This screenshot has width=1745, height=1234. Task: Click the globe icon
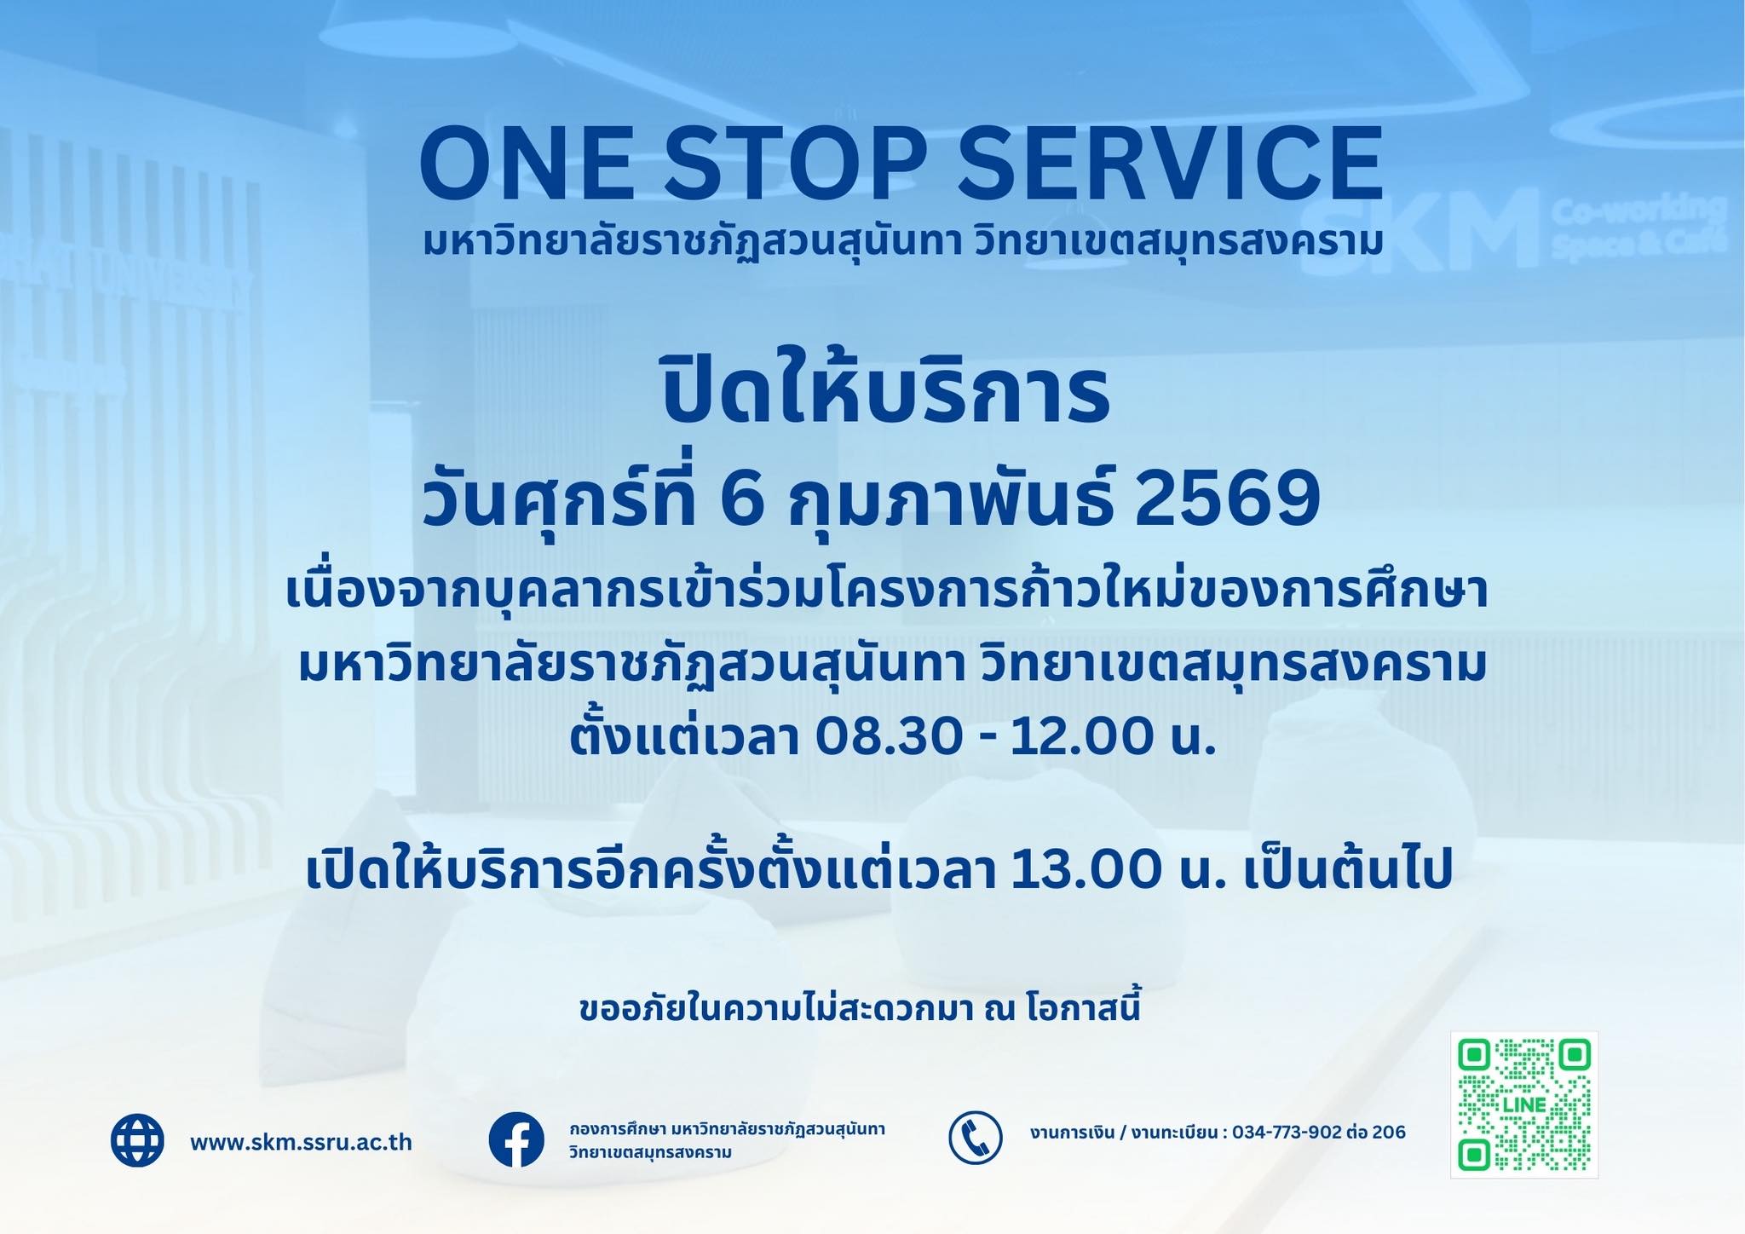click(x=137, y=1139)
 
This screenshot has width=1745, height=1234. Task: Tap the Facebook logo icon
click(x=516, y=1139)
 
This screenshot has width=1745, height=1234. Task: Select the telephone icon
click(x=975, y=1138)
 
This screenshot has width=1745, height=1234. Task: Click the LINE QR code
click(x=1524, y=1105)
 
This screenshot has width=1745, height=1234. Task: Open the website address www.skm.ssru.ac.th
click(x=302, y=1142)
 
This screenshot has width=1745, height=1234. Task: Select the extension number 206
click(x=1390, y=1133)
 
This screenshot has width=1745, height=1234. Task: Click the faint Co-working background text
click(x=1638, y=210)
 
